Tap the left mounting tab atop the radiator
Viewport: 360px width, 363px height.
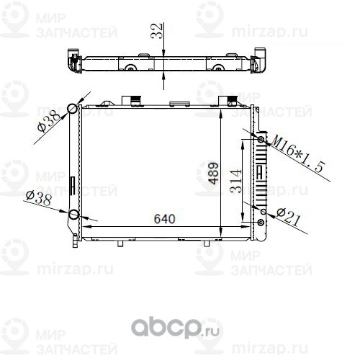coord(131,99)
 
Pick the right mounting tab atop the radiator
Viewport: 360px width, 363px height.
coord(229,99)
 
